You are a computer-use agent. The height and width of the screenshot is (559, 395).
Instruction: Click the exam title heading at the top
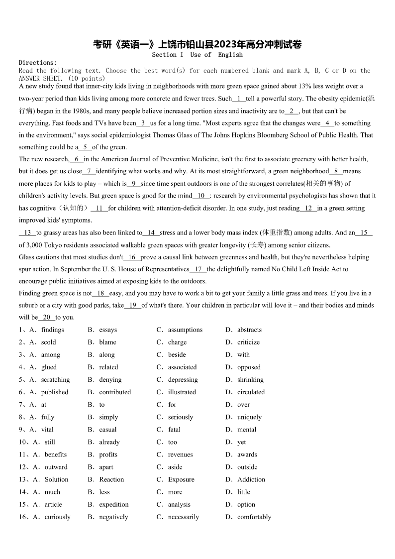click(197, 44)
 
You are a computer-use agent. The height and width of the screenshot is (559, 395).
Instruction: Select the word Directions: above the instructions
click(38, 62)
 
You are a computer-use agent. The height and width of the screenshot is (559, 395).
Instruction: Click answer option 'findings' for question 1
click(53, 330)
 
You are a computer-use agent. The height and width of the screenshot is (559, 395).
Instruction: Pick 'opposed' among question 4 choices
click(249, 367)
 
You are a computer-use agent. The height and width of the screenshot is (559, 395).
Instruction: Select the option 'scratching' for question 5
click(55, 379)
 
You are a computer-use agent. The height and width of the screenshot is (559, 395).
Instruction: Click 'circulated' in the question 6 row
click(251, 392)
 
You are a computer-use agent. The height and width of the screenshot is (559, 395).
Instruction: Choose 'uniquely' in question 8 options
click(249, 417)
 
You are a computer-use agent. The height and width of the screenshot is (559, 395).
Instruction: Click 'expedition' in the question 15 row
click(114, 504)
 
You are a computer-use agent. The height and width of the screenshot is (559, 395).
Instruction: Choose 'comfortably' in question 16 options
click(254, 517)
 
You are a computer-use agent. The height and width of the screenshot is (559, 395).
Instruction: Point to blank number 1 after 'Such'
click(239, 99)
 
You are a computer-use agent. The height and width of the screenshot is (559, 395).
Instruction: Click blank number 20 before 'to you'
click(46, 317)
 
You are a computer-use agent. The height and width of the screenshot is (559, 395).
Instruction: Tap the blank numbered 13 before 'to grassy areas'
click(27, 232)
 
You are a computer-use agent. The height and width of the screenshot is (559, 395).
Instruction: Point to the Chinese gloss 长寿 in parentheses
click(257, 245)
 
